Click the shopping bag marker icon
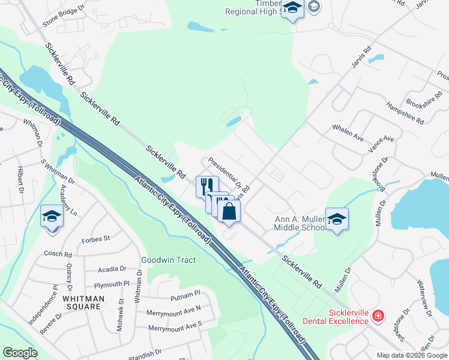coord(229,211)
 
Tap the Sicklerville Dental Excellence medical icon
coord(378,315)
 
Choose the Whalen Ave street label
coord(348,133)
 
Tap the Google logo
coord(20,353)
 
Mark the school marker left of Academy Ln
coord(52,215)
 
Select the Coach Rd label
coord(58,254)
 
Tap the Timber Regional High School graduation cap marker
coord(292,9)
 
